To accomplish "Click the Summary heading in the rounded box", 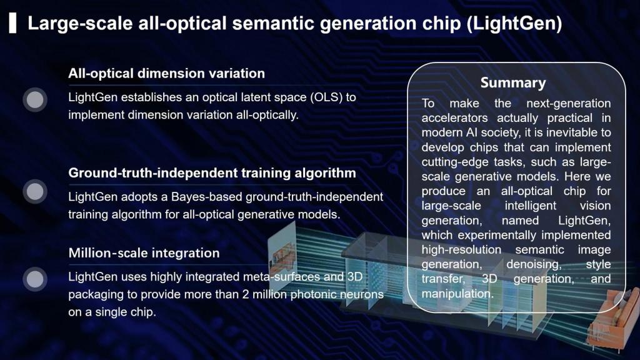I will tap(512, 82).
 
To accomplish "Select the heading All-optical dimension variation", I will tap(166, 73).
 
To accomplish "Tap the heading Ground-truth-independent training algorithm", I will tap(212, 172).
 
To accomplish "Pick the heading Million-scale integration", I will tap(144, 253).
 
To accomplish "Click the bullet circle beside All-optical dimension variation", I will tap(36, 99).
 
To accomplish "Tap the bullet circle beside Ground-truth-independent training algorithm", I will tap(36, 191).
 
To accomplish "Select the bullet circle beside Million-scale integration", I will tap(36, 279).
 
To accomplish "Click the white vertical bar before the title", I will tap(13, 24).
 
